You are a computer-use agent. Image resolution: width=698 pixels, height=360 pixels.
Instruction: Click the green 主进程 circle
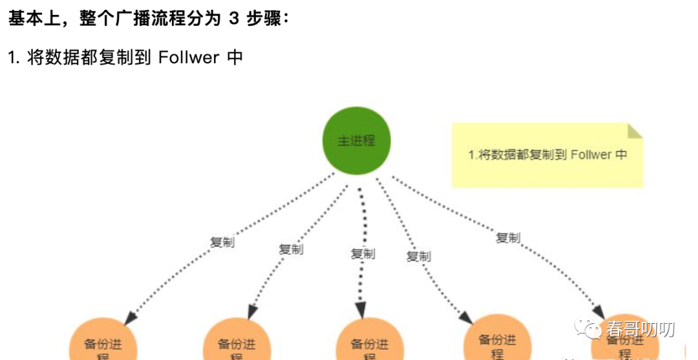pyautogui.click(x=356, y=140)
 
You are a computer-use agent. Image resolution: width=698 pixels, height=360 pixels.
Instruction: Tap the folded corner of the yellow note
pyautogui.click(x=635, y=131)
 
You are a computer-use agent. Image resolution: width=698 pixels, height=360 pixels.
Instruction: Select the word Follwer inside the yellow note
pyautogui.click(x=591, y=155)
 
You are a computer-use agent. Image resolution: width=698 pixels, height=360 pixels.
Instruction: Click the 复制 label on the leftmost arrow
pyautogui.click(x=222, y=243)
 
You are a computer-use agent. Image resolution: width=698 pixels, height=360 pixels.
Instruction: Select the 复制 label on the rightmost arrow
pyautogui.click(x=507, y=238)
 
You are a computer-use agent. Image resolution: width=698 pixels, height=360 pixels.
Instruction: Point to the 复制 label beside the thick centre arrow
pyautogui.click(x=363, y=253)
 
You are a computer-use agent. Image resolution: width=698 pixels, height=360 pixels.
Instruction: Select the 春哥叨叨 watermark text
pyautogui.click(x=640, y=330)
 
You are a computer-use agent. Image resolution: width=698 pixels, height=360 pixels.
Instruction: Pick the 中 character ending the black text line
pyautogui.click(x=235, y=58)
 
